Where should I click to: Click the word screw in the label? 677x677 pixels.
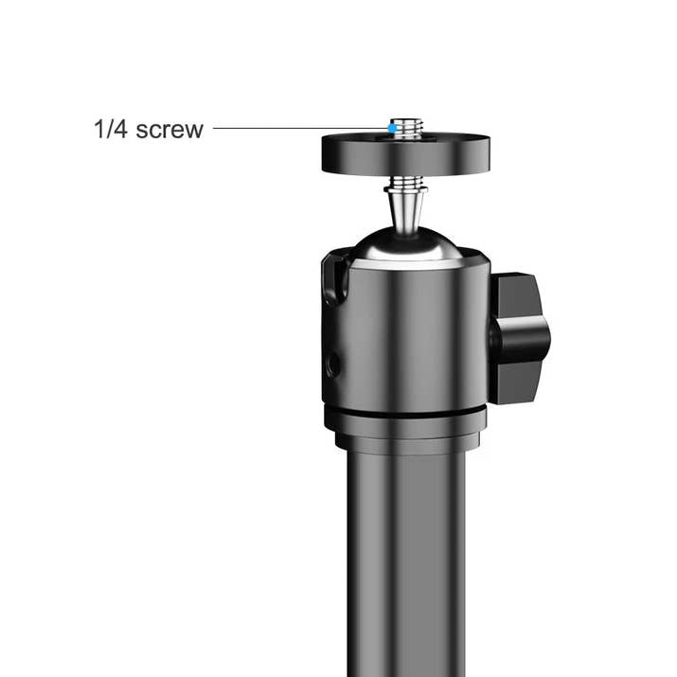(169, 129)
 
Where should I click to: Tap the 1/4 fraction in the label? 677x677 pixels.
(111, 129)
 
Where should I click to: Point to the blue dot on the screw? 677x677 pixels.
(392, 127)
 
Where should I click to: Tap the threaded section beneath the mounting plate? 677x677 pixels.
(405, 181)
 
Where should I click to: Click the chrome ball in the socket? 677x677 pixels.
(405, 244)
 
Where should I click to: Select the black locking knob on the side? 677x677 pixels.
(518, 337)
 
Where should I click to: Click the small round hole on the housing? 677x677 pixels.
(332, 364)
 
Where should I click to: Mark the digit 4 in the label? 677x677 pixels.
(122, 129)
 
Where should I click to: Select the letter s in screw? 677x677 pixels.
(142, 130)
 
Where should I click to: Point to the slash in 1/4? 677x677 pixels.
(110, 129)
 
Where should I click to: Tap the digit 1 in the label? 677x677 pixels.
(98, 129)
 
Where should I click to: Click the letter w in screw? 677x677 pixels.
(193, 130)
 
